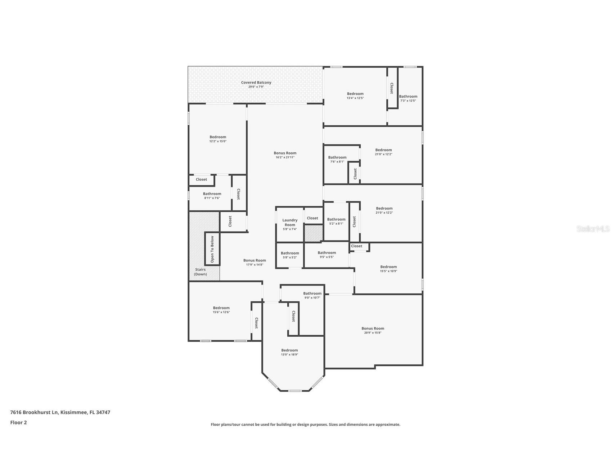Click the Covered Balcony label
[x=256, y=82]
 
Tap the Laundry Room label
[x=290, y=223]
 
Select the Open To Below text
[x=212, y=249]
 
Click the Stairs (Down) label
[x=201, y=272]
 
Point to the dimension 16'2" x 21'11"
[x=285, y=157]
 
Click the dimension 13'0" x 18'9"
[x=289, y=355]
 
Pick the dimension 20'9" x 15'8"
[x=373, y=333]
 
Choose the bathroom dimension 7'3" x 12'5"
[x=408, y=101]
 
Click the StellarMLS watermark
[x=593, y=229]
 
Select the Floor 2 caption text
[x=18, y=423]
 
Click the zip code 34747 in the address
[x=103, y=412]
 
